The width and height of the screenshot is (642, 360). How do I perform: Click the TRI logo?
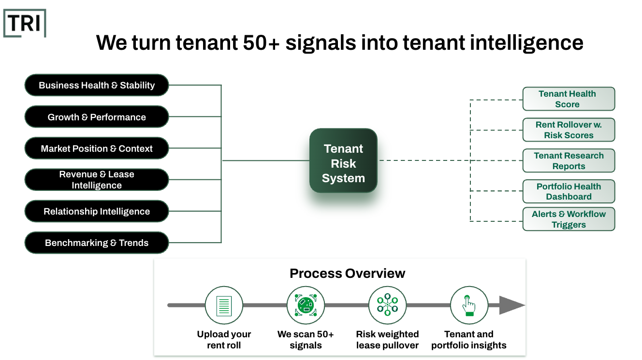pyautogui.click(x=25, y=23)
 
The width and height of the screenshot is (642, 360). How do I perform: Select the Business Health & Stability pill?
pyautogui.click(x=97, y=86)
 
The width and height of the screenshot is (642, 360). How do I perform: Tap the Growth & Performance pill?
pyautogui.click(x=97, y=117)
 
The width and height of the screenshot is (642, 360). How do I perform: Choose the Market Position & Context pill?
pyautogui.click(x=97, y=148)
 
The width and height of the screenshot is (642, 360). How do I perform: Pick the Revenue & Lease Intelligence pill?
pyautogui.click(x=97, y=180)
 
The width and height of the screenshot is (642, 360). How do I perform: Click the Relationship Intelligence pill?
pyautogui.click(x=97, y=211)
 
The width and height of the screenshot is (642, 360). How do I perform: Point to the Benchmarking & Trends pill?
pyautogui.click(x=97, y=243)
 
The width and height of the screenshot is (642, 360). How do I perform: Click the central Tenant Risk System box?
pyautogui.click(x=343, y=160)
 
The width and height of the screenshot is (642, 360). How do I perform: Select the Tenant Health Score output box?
pyautogui.click(x=569, y=99)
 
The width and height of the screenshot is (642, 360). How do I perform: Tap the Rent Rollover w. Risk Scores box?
pyautogui.click(x=569, y=130)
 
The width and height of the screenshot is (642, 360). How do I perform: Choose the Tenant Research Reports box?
pyautogui.click(x=569, y=161)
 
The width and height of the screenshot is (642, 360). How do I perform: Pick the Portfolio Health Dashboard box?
pyautogui.click(x=569, y=191)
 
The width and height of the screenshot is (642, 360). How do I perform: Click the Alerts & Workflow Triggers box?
pyautogui.click(x=569, y=219)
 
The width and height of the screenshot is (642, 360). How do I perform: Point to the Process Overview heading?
pyautogui.click(x=347, y=274)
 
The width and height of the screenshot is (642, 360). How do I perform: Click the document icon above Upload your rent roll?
pyautogui.click(x=223, y=305)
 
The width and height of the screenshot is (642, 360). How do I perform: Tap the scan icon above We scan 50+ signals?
pyautogui.click(x=306, y=305)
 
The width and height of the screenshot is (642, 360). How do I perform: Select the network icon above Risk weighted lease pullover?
pyautogui.click(x=387, y=305)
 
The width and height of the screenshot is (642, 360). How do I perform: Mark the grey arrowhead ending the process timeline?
pyautogui.click(x=511, y=305)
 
